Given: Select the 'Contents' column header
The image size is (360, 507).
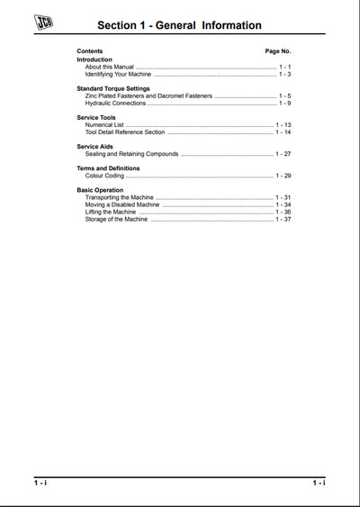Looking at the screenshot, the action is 90,52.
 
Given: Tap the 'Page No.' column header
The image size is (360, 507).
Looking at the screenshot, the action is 277,52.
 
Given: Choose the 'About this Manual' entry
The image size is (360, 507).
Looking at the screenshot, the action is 107,67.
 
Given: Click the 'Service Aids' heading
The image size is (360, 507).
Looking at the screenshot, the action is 94,146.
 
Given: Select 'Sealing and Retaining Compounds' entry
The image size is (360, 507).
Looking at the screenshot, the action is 131,153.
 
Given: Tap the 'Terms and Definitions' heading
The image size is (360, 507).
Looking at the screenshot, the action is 108,168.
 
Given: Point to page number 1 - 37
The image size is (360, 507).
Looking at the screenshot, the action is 283,219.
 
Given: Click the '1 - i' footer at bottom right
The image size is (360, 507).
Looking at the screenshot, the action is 319,484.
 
